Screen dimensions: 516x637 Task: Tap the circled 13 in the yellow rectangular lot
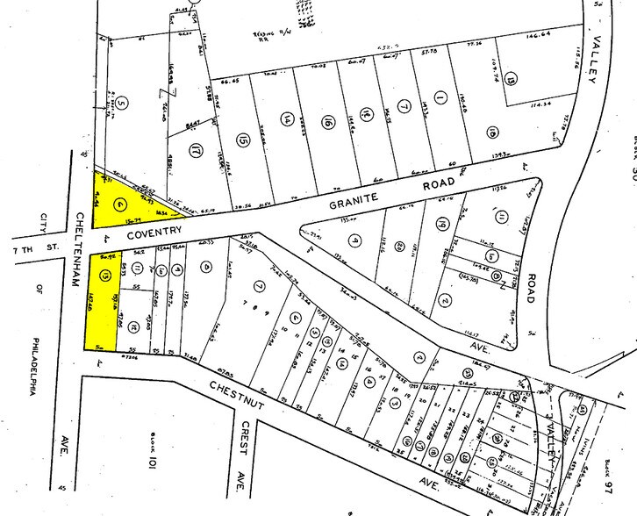tap(105, 276)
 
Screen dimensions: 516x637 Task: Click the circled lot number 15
tap(243, 139)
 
